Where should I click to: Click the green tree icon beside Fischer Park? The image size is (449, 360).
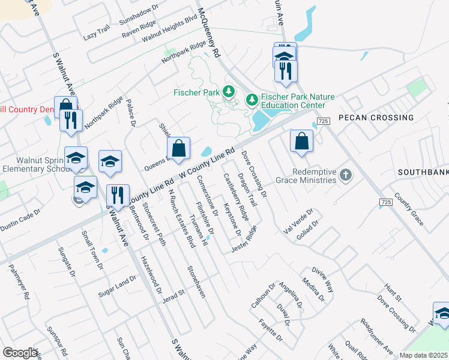click(228, 92)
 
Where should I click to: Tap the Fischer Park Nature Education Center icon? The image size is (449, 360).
click(252, 98)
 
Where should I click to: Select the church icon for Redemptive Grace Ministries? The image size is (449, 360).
click(345, 175)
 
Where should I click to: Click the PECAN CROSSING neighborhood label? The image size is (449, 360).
click(376, 118)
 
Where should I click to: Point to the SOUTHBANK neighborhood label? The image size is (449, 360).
click(423, 172)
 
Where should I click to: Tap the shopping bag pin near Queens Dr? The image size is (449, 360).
click(179, 149)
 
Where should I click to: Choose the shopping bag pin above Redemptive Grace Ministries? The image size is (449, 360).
click(301, 142)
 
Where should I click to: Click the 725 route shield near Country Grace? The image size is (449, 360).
click(386, 203)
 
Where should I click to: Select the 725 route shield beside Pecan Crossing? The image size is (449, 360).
click(322, 121)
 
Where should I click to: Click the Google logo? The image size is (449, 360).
click(19, 353)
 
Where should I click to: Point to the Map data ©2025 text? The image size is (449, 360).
click(424, 355)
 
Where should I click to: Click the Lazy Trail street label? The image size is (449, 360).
click(97, 35)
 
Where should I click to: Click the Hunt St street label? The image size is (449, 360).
click(393, 292)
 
